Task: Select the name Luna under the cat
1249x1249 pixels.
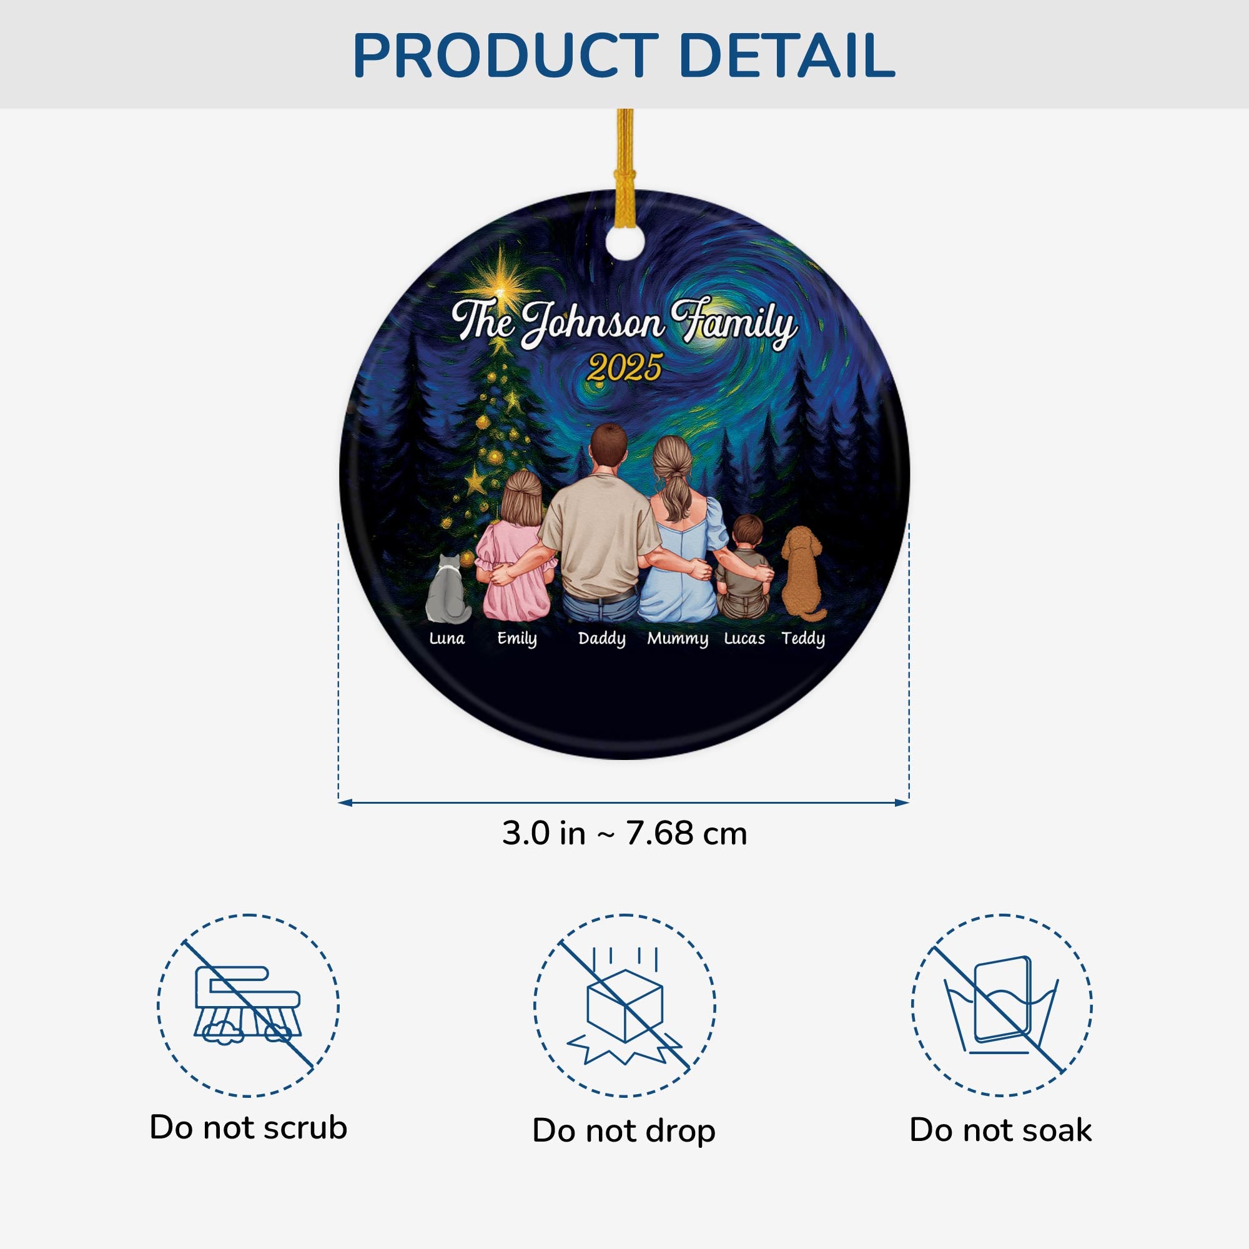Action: point(447,639)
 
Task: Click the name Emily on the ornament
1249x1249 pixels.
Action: point(516,639)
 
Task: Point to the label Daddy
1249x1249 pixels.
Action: point(602,639)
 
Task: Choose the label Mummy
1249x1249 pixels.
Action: point(678,639)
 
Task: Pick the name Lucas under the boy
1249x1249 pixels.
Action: point(744,639)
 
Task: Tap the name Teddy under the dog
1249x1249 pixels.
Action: point(803,639)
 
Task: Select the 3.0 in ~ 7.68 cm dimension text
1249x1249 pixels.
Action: point(624,834)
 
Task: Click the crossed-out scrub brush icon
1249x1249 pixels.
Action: point(249,1006)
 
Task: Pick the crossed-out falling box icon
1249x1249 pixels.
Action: point(624,1006)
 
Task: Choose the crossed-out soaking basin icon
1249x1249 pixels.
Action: point(1002,1006)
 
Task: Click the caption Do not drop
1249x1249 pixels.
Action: point(624,1132)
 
